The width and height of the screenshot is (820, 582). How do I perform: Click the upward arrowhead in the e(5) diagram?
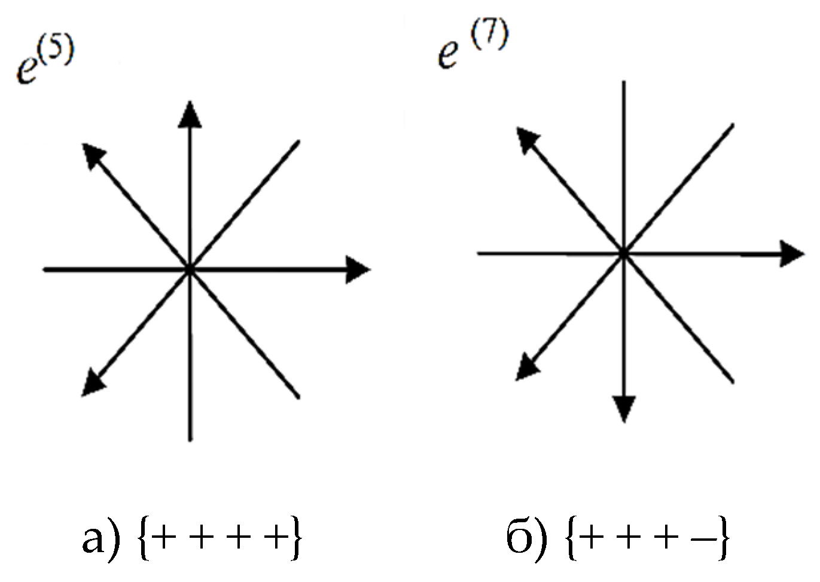tap(190, 115)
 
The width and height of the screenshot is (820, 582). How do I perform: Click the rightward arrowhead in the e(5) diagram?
tap(358, 269)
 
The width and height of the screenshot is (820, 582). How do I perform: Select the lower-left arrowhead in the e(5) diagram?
tap(93, 383)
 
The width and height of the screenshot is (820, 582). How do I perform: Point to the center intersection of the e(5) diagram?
tap(190, 269)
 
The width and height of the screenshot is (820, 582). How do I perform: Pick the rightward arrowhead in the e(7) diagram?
tap(791, 253)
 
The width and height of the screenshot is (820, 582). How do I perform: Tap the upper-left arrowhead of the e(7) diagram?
tap(527, 139)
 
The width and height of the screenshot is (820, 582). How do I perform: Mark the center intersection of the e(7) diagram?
tap(624, 253)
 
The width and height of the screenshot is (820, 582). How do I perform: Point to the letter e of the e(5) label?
tap(29, 71)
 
